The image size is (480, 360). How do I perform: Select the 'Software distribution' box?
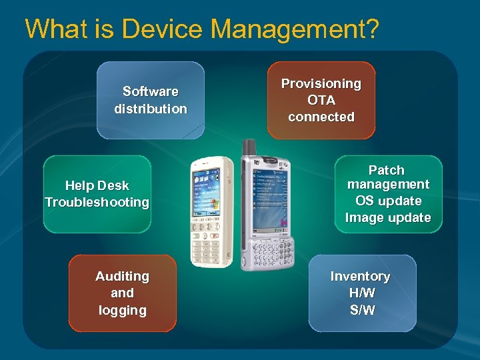[x=151, y=100]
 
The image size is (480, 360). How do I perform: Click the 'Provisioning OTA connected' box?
[x=321, y=100]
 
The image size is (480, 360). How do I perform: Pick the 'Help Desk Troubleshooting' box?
[x=97, y=194]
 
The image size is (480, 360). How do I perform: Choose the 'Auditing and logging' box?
[x=122, y=293]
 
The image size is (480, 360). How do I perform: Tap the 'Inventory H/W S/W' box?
[x=361, y=293]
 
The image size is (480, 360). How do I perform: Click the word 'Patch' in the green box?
[x=387, y=171]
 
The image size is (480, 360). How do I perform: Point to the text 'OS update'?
[x=388, y=201]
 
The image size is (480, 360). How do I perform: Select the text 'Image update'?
[x=388, y=217]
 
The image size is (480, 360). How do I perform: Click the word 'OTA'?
[x=321, y=100]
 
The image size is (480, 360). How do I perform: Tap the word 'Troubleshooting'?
[x=97, y=202]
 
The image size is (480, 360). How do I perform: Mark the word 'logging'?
[x=122, y=310]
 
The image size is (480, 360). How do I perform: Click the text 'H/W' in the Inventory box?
[x=361, y=293]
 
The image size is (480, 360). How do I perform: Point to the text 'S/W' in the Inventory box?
[x=361, y=310]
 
